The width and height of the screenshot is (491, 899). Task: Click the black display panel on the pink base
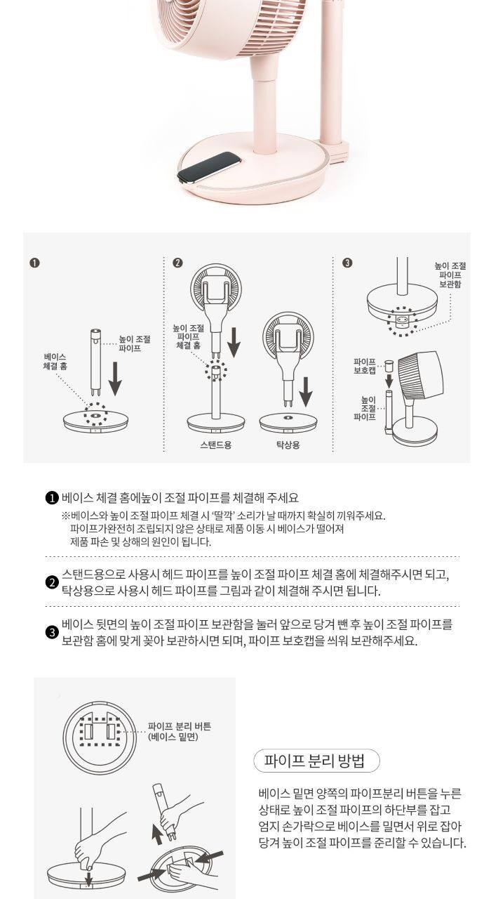tap(210, 168)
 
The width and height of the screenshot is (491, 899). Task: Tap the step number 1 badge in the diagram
tap(34, 263)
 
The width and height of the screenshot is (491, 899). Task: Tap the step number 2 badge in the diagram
tap(177, 263)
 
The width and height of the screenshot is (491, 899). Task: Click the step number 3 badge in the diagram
tap(347, 263)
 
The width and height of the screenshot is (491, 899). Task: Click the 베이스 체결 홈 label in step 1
tap(55, 362)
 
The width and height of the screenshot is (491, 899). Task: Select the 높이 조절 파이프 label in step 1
tap(135, 344)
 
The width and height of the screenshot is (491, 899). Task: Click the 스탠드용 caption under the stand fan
tap(215, 445)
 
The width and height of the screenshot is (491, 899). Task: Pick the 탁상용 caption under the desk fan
tap(288, 445)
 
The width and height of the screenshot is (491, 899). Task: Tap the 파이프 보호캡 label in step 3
tap(365, 366)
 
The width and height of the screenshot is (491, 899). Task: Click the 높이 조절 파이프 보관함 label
tap(450, 275)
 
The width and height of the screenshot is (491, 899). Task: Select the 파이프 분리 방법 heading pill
tap(316, 761)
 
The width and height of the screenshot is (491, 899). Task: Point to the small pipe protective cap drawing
tap(389, 367)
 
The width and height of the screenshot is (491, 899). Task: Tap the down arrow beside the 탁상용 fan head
tap(305, 391)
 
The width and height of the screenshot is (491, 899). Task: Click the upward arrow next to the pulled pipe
tap(159, 834)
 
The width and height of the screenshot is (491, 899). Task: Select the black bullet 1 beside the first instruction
tap(52, 498)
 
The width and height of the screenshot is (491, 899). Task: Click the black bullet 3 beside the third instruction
tap(52, 633)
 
